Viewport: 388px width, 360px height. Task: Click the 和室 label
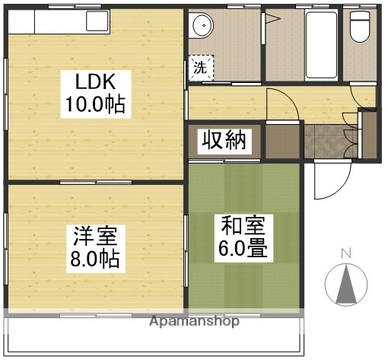tap(244, 226)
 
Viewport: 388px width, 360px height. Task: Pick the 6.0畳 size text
tap(244, 249)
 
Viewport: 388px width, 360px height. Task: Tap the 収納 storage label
tap(224, 142)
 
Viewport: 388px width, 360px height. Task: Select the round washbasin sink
tap(203, 29)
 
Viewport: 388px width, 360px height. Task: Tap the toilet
tap(359, 29)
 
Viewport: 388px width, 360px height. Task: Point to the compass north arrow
tap(345, 285)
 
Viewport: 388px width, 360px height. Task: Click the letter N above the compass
tap(345, 253)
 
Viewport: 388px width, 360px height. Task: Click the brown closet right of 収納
tap(282, 140)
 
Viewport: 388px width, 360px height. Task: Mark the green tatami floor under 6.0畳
tap(244, 282)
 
